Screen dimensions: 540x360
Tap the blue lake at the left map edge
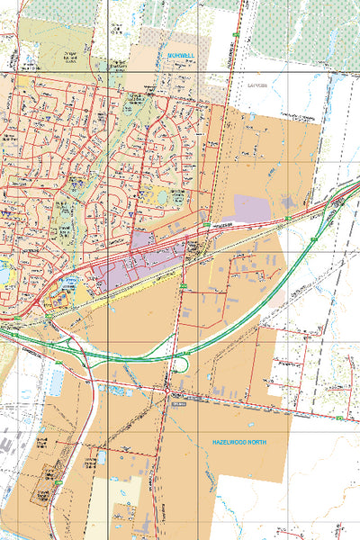4,270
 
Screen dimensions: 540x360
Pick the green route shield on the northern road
236,35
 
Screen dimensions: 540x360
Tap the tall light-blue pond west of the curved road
56,381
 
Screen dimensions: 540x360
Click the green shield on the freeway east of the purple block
286,219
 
